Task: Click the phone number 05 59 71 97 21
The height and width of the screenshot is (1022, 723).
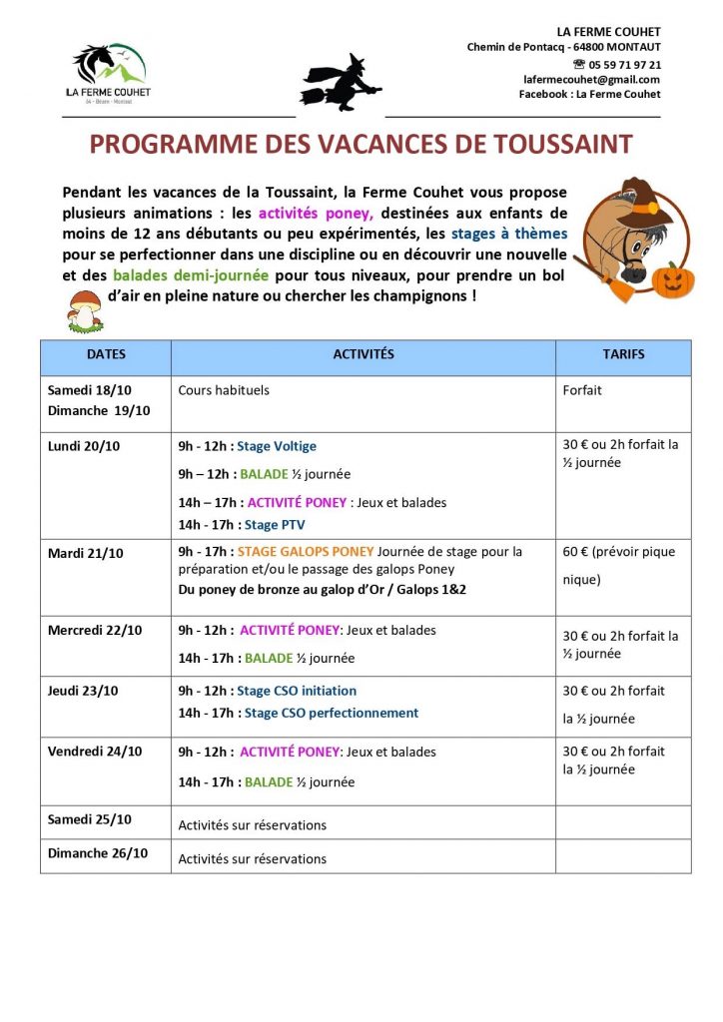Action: [621, 64]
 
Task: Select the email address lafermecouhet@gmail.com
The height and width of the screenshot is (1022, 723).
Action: [591, 79]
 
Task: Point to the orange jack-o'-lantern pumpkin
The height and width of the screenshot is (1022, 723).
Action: [673, 279]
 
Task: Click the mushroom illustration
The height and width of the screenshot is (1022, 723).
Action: [84, 310]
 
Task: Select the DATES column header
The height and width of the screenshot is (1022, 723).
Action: [106, 354]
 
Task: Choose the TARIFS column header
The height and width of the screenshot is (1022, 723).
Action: [623, 354]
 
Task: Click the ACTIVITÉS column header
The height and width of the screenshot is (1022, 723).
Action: [362, 354]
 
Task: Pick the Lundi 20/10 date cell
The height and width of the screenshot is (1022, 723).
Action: [84, 446]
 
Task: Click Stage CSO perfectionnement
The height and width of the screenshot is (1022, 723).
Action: [331, 713]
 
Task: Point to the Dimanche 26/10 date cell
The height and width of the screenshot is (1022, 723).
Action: [98, 853]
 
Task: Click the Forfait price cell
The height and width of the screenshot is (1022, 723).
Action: [583, 390]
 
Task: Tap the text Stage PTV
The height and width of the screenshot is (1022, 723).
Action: [275, 524]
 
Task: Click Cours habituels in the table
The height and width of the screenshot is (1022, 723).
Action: [224, 390]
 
